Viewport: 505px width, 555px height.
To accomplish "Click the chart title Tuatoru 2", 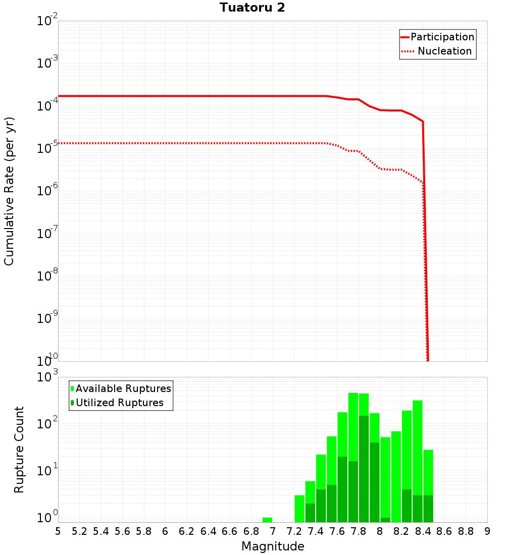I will (x=252, y=8).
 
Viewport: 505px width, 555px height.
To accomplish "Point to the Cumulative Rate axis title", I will (x=9, y=191).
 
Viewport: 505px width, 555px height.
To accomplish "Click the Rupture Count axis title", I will (x=19, y=449).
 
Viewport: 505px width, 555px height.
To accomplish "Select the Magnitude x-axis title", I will (x=273, y=546).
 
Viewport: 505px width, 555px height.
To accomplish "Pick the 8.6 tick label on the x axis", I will (x=444, y=531).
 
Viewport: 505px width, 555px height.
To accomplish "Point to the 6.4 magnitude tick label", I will (x=209, y=531).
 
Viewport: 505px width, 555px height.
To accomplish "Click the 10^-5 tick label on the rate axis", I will (x=48, y=148).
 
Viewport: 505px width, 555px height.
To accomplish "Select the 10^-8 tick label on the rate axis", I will (x=48, y=276).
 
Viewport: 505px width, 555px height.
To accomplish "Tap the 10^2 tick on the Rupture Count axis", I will (x=48, y=423).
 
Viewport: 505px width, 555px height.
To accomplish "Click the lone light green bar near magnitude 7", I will (x=267, y=520).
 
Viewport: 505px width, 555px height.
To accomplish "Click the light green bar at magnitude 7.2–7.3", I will (x=299, y=509).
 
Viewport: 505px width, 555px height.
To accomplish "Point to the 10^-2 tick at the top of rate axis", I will (x=48, y=21).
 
